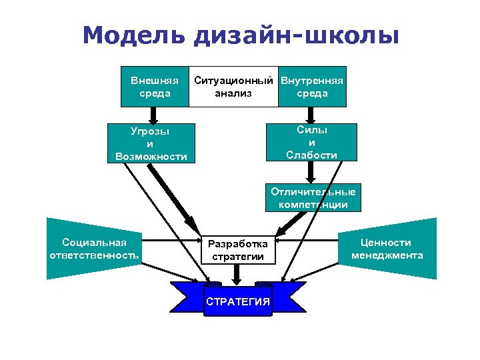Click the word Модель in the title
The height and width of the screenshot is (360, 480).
133,35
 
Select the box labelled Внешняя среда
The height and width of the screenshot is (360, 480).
154,87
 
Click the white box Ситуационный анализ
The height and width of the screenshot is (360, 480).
233,87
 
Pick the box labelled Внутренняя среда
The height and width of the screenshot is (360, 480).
312,87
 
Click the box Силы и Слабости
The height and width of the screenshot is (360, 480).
311,142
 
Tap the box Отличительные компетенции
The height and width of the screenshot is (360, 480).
313,198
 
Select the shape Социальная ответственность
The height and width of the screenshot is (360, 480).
93,249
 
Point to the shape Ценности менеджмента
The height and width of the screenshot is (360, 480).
388,249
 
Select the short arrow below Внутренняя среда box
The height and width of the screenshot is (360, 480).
312,115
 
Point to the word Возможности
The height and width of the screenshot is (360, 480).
150,157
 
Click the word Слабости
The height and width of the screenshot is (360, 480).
311,155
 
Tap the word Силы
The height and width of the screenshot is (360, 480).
311,130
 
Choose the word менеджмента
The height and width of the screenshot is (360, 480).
387,255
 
